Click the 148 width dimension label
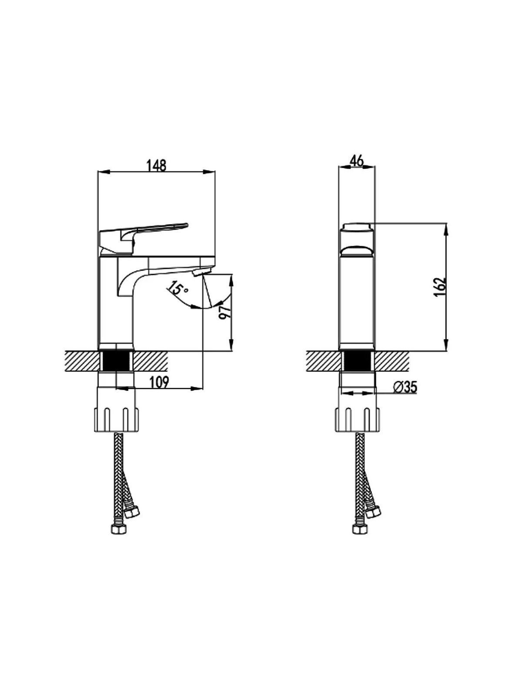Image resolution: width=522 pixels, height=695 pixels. (x=156, y=165)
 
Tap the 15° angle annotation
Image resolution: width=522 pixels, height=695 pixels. (x=178, y=288)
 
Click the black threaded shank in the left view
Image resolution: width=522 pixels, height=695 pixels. (x=116, y=361)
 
